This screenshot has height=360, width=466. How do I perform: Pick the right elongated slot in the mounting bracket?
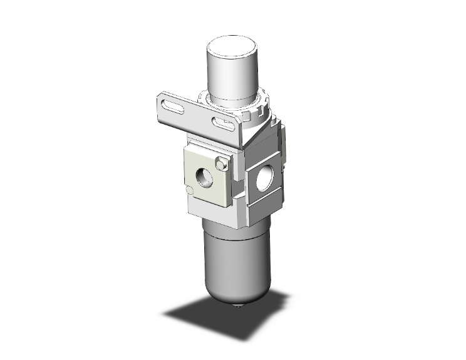click(222, 122)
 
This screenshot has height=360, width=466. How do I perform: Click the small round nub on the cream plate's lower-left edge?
click(189, 190)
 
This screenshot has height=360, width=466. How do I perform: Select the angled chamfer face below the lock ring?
click(257, 128)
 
